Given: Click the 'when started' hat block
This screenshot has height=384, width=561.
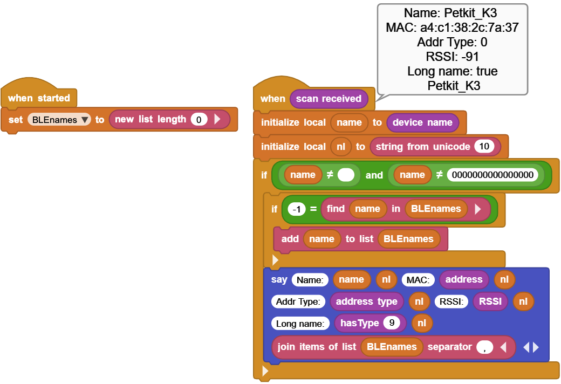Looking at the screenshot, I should (39, 98).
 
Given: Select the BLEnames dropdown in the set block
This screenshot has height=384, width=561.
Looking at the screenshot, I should (59, 120).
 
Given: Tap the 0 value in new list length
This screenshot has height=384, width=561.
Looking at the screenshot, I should (199, 120).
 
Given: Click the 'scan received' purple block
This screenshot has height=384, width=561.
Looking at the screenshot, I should (329, 99).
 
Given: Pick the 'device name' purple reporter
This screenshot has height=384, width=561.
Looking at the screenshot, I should (422, 122).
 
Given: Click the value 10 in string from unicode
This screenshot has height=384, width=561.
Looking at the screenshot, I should (484, 146).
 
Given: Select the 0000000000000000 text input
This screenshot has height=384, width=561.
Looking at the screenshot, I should (492, 175).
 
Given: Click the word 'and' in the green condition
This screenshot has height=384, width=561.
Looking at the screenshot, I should (374, 175).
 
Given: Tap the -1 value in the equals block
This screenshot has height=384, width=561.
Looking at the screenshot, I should (297, 209).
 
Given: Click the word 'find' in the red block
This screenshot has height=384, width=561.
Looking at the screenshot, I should (336, 209).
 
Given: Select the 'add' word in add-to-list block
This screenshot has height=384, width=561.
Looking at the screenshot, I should (290, 239).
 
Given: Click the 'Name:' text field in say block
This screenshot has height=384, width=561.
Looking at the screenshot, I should (310, 279).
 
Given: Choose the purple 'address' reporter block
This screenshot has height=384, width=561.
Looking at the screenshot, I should (463, 279).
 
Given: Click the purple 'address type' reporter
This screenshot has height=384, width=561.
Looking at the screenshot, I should (366, 301).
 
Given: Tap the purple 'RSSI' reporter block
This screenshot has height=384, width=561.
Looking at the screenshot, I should (490, 301).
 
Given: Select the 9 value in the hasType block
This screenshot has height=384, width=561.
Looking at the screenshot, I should (391, 323).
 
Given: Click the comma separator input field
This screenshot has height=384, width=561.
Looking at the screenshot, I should (484, 347).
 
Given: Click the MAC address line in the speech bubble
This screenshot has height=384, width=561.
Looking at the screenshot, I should (452, 28).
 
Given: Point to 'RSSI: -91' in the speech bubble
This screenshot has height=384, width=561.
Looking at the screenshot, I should (452, 57).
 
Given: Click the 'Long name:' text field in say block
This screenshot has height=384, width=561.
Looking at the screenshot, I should (300, 323).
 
